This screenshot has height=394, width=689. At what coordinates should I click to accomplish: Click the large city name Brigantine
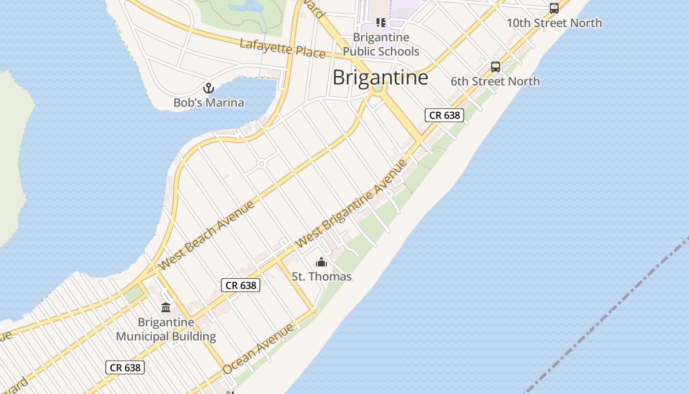pos(380,77)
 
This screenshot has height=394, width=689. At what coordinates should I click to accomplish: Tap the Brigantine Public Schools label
pos(381,44)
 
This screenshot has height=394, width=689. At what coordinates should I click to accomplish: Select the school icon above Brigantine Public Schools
pos(380,23)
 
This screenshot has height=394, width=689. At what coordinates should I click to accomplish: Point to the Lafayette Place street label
pos(282,49)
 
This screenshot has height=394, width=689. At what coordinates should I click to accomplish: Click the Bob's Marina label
pos(209,102)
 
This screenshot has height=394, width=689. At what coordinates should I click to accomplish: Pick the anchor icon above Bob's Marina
pos(209,89)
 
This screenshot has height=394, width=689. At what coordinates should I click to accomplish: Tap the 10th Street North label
pos(554,23)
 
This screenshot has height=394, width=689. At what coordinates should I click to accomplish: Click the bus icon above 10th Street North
pos(554,8)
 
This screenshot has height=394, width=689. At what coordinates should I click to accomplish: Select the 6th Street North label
pos(495,81)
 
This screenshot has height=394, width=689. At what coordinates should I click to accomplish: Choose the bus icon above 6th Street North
pos(496,67)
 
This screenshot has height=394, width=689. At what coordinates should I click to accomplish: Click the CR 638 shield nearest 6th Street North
pos(444,115)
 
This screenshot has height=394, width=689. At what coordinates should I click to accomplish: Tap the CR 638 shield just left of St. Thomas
pos(240,285)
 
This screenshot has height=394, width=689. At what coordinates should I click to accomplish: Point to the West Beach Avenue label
pos(207,234)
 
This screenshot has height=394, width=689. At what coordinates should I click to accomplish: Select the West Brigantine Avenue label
pos(352,204)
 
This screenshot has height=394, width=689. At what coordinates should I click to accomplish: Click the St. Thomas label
pos(321,276)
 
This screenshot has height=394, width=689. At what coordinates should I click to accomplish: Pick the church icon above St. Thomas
pos(321,262)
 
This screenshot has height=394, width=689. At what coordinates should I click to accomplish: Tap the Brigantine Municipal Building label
pos(166,329)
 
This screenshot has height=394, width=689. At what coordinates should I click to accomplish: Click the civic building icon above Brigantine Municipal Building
pos(166,308)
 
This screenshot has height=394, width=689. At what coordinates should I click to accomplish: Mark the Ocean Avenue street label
pos(258,348)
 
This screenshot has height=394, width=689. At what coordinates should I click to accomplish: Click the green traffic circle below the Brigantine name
pos(377,88)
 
